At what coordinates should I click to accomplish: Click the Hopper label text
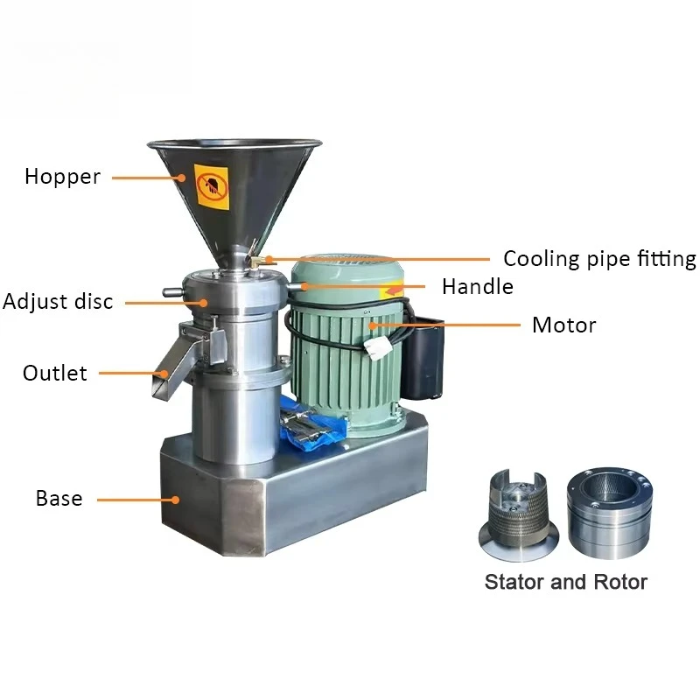62,177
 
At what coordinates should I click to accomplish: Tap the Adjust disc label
58,301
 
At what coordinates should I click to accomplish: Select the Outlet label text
55,374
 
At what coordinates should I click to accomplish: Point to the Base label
59,498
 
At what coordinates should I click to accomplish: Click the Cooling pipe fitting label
599,259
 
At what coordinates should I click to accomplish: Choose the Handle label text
478,287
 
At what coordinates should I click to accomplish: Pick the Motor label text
563,325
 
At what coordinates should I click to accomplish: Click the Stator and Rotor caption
566,582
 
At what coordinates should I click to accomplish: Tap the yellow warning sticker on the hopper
212,187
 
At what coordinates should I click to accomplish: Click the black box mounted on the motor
423,357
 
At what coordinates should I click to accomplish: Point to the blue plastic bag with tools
312,424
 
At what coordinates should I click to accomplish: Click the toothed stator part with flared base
518,514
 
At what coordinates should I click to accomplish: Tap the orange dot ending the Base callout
176,500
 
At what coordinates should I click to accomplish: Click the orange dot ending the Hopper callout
181,178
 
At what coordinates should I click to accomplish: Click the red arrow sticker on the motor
391,292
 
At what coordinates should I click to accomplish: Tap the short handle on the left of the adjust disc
173,292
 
